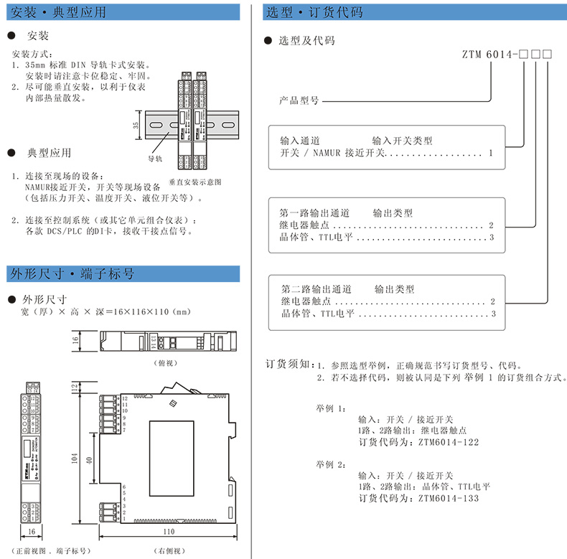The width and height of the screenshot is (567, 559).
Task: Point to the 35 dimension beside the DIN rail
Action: pyautogui.click(x=136, y=125)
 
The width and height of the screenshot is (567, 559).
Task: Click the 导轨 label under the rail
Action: pyautogui.click(x=155, y=158)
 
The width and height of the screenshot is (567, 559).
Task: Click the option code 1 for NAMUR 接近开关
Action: pyautogui.click(x=490, y=153)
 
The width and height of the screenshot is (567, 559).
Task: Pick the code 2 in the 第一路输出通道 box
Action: pyautogui.click(x=491, y=225)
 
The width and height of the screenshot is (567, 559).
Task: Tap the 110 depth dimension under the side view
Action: pyautogui.click(x=169, y=532)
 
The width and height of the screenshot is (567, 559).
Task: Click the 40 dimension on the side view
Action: pyautogui.click(x=90, y=459)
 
